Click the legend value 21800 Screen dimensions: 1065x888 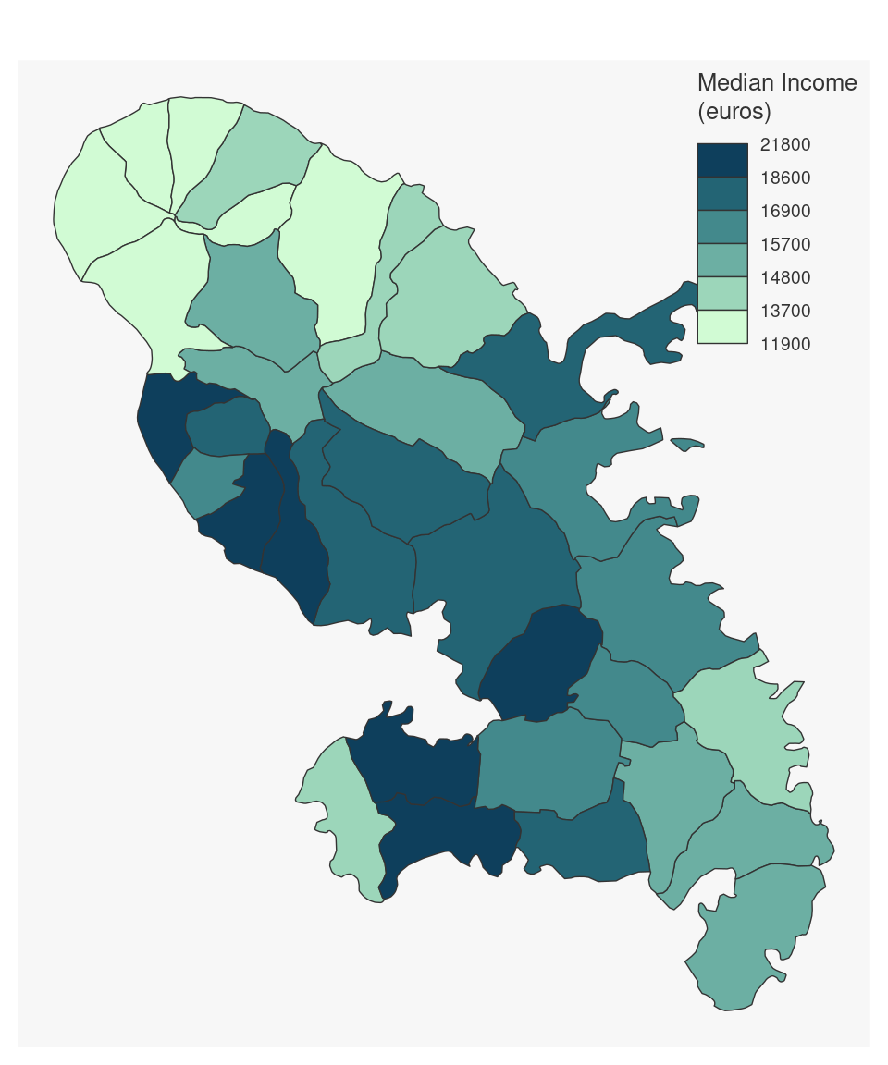click(784, 145)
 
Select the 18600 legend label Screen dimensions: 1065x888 click(784, 178)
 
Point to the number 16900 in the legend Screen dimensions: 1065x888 click(784, 212)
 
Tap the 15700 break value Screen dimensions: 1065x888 click(784, 245)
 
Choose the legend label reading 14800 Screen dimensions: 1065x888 click(784, 278)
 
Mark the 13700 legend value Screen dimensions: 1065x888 click(784, 312)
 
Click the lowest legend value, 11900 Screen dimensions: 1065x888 click(784, 345)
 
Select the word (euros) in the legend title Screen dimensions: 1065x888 click(734, 113)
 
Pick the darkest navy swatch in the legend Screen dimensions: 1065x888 click(722, 160)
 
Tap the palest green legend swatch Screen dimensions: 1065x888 click(722, 327)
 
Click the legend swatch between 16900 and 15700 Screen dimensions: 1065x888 click(722, 227)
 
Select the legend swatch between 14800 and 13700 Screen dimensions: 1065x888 click(722, 294)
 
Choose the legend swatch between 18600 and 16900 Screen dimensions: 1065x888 click(722, 194)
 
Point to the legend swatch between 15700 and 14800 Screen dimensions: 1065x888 click(722, 261)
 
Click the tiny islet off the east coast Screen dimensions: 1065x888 click(687, 445)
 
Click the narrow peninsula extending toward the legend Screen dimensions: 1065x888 click(638, 324)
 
